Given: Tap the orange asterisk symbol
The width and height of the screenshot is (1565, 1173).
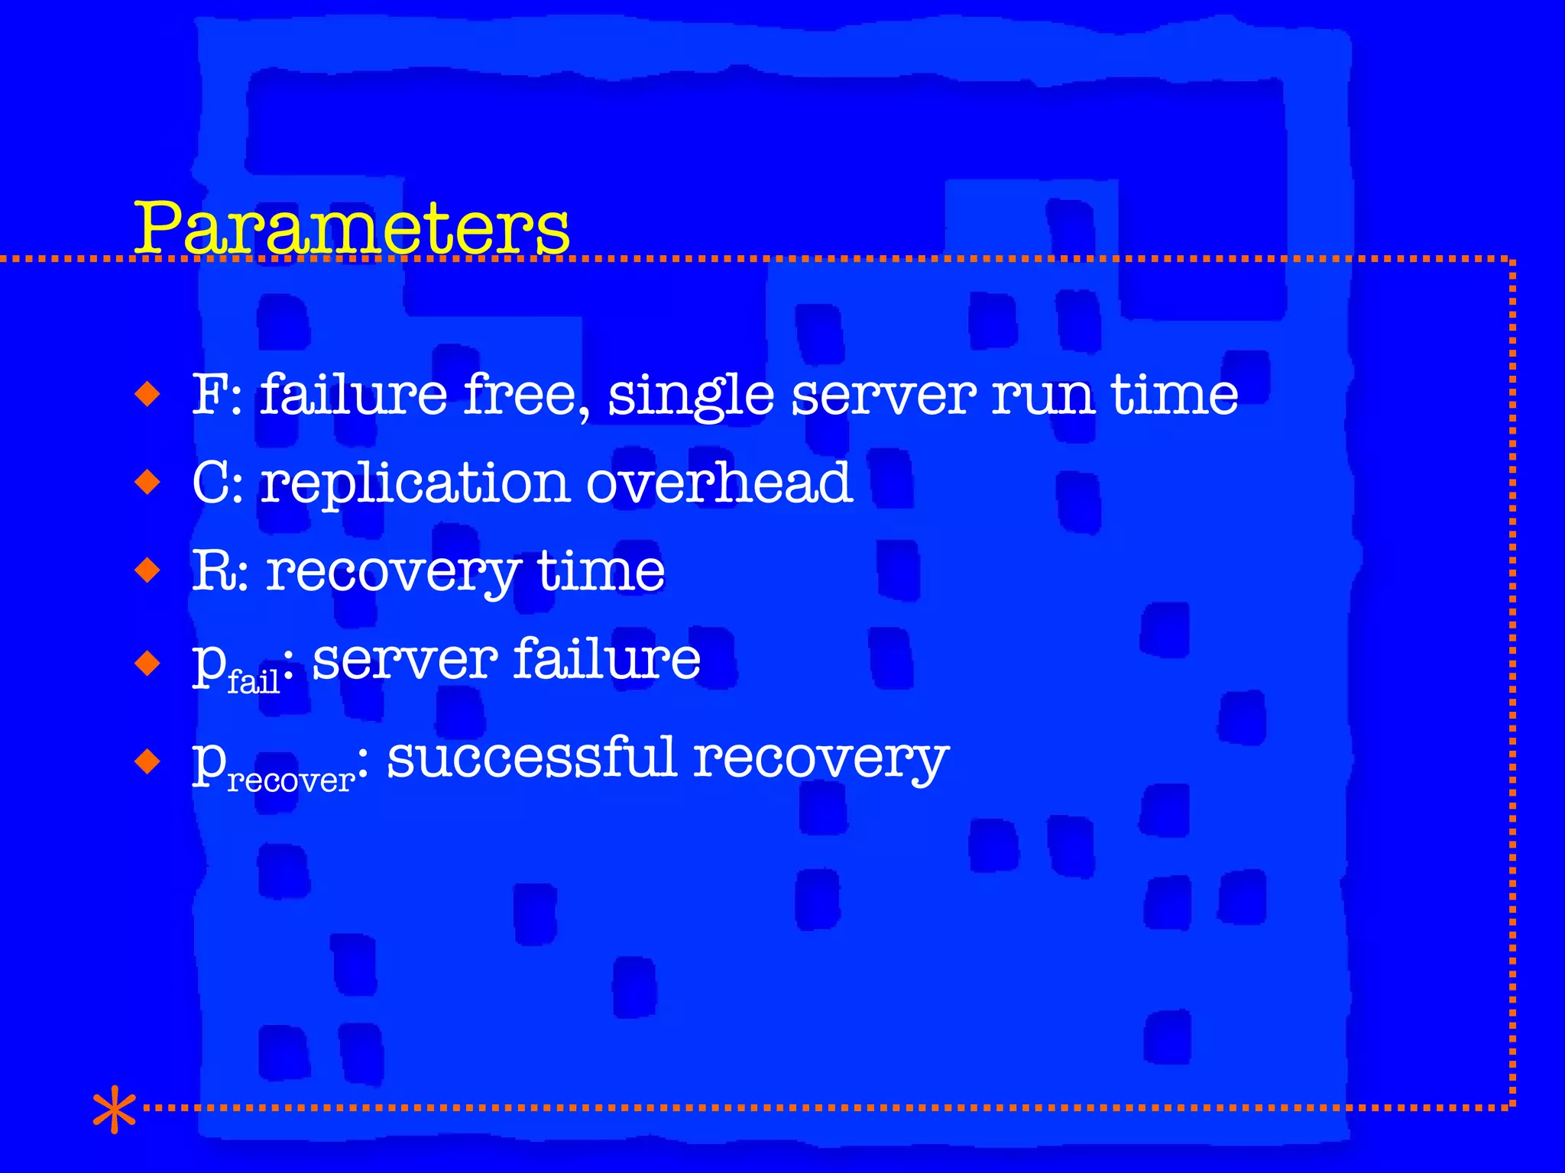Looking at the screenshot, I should (x=114, y=1109).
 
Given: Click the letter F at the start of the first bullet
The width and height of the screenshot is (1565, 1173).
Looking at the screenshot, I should (x=208, y=395).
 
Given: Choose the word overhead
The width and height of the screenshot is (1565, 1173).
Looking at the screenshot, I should (x=719, y=483).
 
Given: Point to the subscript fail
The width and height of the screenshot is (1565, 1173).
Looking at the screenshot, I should (x=254, y=680).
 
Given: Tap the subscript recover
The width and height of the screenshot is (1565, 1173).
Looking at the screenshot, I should (x=291, y=780).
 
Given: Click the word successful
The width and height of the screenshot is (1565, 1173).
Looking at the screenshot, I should (x=532, y=758).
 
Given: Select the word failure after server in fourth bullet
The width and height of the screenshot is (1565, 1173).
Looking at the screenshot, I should (x=607, y=658).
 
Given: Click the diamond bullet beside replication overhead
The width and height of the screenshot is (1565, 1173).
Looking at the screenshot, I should (x=147, y=483).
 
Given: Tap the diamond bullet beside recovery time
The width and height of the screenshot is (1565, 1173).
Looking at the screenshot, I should (x=147, y=570).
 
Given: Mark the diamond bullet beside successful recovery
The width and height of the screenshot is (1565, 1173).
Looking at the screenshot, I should (x=147, y=761).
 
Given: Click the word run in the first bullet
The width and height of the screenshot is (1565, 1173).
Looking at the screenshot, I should (x=1042, y=396).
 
